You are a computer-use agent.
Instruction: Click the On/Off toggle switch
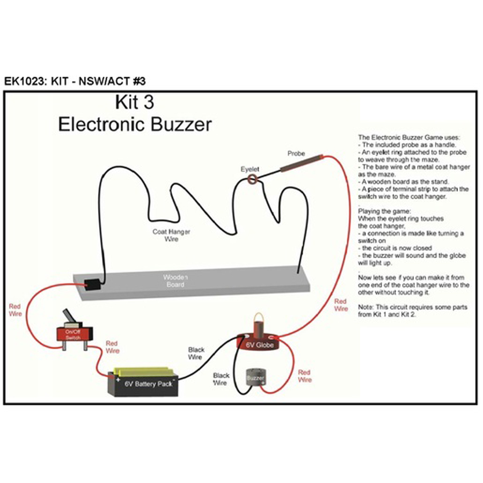(x=74, y=331)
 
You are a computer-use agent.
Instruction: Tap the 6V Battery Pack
(x=143, y=382)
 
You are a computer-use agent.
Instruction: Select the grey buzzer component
(x=255, y=377)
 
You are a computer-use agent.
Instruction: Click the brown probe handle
(x=301, y=163)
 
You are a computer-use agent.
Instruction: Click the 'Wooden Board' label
(x=175, y=281)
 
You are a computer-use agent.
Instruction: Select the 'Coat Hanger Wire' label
(x=171, y=236)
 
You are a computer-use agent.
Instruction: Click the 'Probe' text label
(x=296, y=153)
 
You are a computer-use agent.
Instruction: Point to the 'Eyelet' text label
(x=250, y=169)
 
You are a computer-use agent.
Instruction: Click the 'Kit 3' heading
(x=135, y=102)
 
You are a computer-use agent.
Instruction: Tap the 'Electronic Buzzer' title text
(x=135, y=124)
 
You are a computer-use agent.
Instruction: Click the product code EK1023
(x=24, y=82)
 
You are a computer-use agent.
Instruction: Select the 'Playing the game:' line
(x=384, y=211)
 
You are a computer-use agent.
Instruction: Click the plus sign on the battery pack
(x=118, y=380)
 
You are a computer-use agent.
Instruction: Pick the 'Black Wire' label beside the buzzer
(x=221, y=379)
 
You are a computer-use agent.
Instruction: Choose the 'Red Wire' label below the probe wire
(x=341, y=305)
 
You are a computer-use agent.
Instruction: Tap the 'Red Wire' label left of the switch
(x=15, y=310)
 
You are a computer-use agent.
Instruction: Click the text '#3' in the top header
(x=139, y=82)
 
